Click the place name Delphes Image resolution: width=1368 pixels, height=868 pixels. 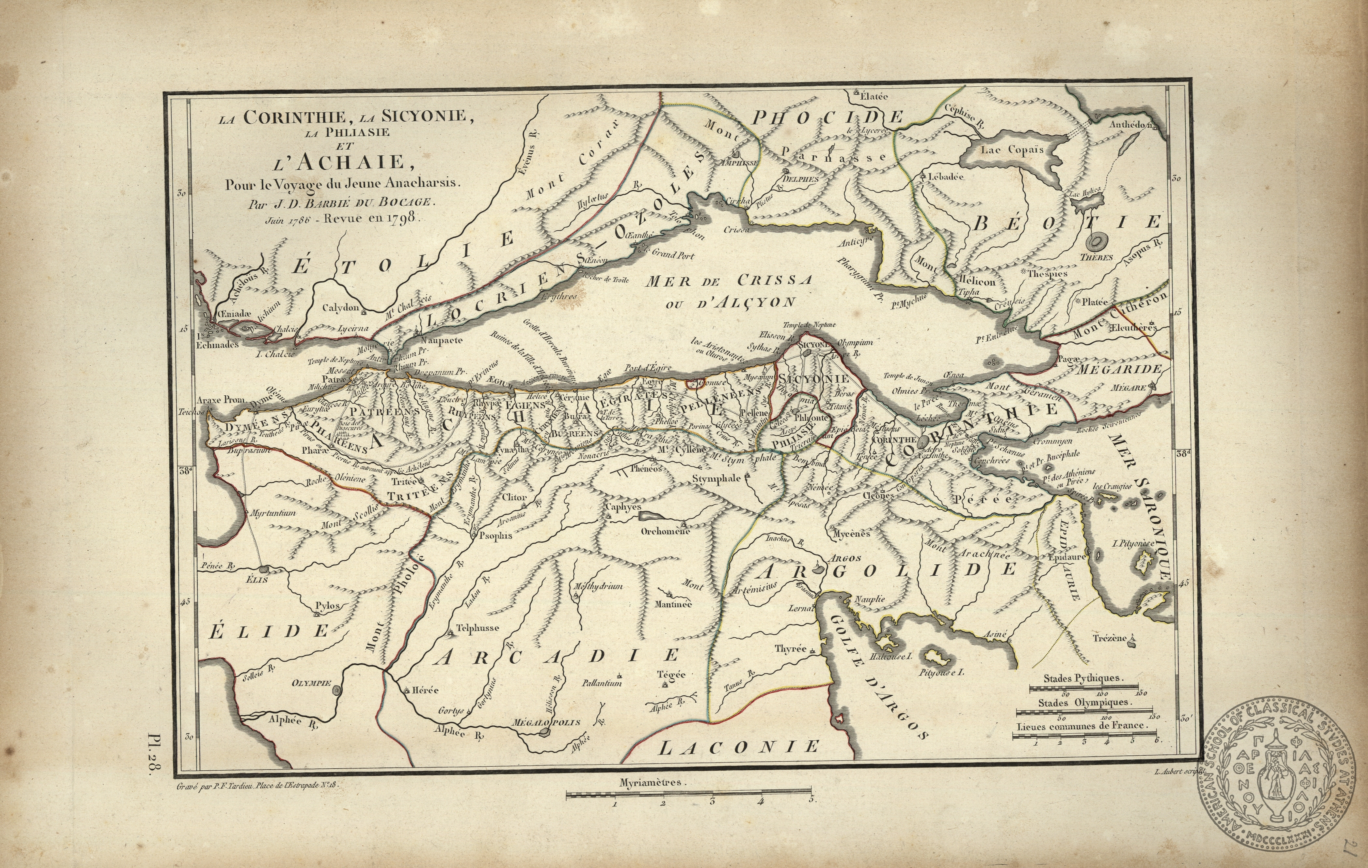click(x=801, y=178)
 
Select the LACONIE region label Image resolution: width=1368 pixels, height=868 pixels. click(x=740, y=746)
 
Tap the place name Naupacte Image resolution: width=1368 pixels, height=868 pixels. click(x=442, y=341)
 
